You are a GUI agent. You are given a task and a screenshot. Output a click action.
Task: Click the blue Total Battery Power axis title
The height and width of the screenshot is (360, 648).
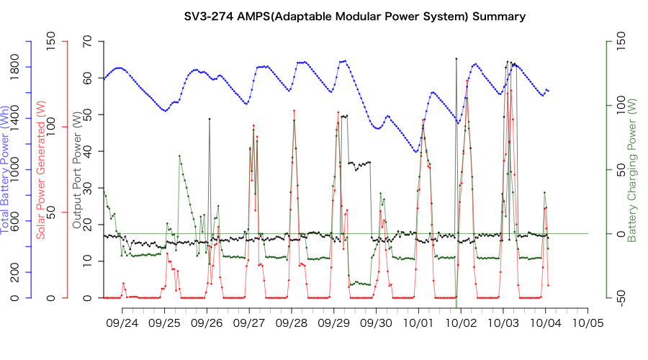(6, 170)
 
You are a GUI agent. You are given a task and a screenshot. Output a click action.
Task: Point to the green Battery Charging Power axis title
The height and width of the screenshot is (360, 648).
(631, 170)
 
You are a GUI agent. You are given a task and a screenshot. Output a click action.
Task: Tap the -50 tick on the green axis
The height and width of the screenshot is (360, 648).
(612, 297)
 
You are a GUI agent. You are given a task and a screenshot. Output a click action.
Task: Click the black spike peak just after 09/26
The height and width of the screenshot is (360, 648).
(210, 119)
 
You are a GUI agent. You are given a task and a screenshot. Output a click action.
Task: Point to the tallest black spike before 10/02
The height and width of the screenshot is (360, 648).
(456, 58)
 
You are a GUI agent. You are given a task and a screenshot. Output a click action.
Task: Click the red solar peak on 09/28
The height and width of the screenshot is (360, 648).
(294, 111)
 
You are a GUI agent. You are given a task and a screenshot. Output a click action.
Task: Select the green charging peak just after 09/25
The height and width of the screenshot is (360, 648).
(179, 156)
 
